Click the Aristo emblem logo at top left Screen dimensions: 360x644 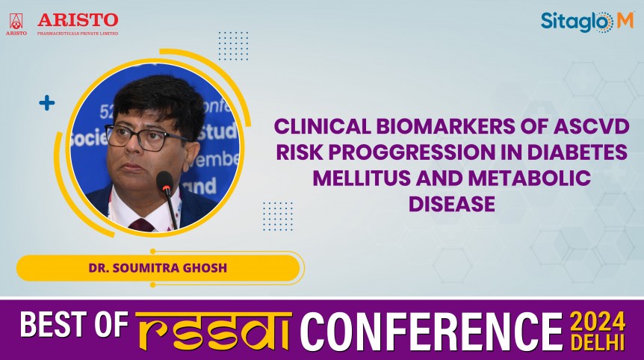pyautogui.click(x=16, y=23)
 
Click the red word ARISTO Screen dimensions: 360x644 pyautogui.click(x=78, y=19)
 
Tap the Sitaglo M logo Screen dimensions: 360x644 pyautogui.click(x=586, y=22)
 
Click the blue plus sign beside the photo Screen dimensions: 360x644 pyautogui.click(x=46, y=103)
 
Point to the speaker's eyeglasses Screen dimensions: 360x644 pyautogui.click(x=146, y=137)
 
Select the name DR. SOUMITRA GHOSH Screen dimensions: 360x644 pyautogui.click(x=158, y=268)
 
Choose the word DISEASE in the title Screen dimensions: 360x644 pyautogui.click(x=451, y=204)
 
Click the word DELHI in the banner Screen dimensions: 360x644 pyautogui.click(x=598, y=341)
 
